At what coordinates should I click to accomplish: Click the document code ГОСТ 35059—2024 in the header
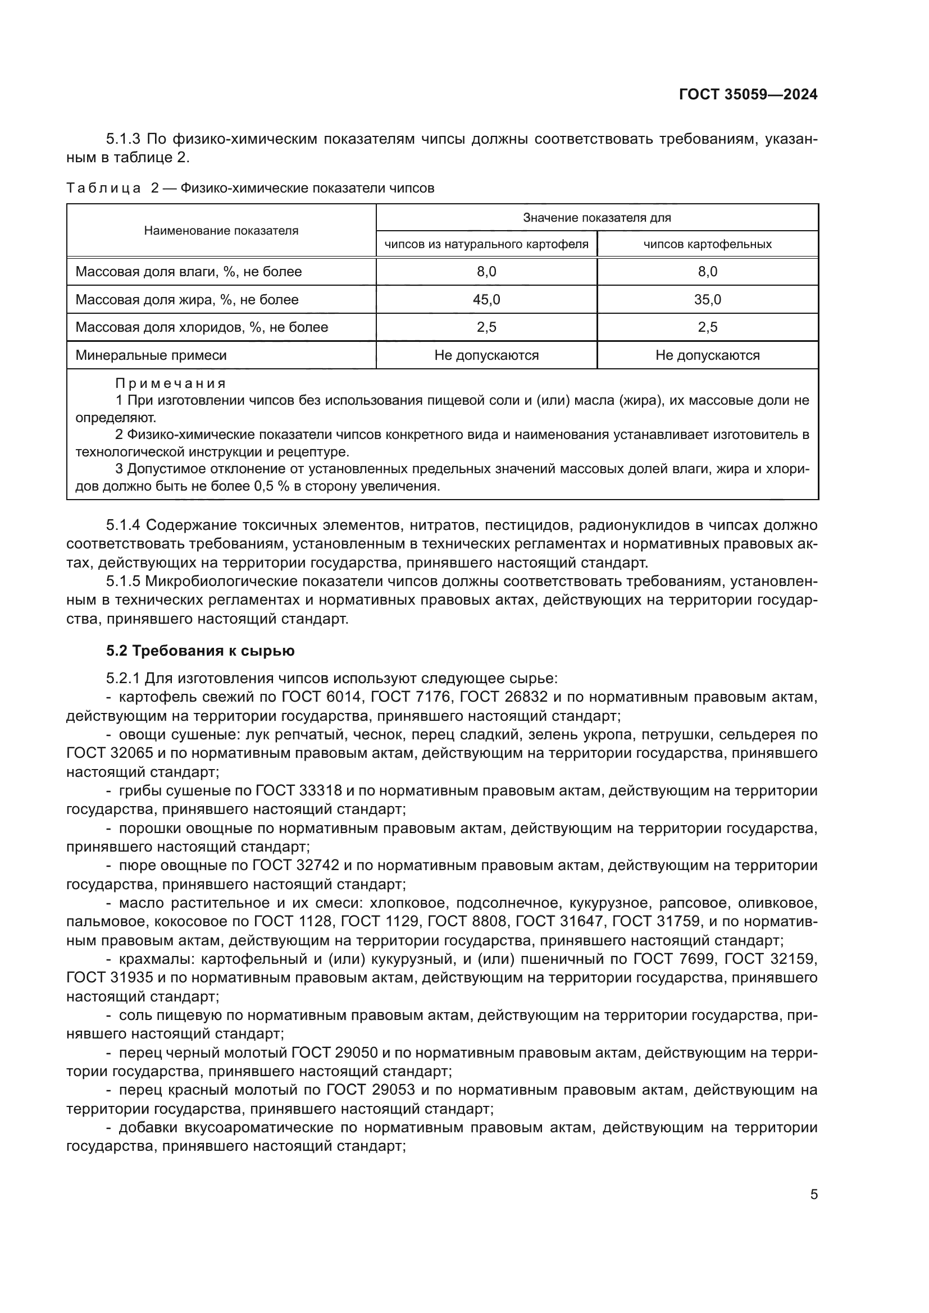pos(748,95)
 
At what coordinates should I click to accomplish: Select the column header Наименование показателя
pos(221,231)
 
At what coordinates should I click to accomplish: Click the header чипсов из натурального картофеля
pos(486,244)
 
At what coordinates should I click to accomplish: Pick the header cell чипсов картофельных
pos(707,244)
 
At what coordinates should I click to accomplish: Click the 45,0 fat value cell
pos(486,300)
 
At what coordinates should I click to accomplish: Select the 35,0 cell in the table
pos(707,300)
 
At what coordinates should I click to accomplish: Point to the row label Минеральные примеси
pos(151,355)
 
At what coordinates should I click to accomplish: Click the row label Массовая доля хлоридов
pos(202,327)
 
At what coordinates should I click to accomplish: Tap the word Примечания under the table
pos(171,383)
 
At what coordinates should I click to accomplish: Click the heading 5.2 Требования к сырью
pos(200,651)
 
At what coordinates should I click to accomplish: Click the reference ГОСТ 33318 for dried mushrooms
pos(298,791)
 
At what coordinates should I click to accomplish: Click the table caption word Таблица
pos(103,188)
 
